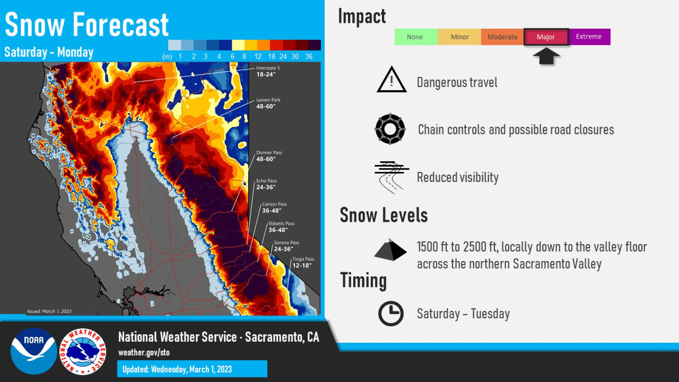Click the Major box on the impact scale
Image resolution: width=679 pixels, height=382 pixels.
click(x=546, y=37)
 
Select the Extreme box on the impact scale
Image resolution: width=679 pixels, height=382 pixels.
click(x=590, y=37)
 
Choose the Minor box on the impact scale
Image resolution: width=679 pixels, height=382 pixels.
click(x=459, y=37)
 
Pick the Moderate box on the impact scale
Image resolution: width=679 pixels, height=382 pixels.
click(x=502, y=37)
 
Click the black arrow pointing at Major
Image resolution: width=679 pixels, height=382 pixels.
click(x=546, y=56)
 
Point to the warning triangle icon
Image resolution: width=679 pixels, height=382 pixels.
click(x=391, y=80)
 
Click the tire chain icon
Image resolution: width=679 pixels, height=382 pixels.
click(x=390, y=129)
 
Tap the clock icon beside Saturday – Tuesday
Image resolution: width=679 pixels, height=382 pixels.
click(x=391, y=313)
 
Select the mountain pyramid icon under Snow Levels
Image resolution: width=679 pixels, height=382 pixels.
click(x=390, y=250)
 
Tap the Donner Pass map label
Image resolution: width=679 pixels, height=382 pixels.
click(x=269, y=156)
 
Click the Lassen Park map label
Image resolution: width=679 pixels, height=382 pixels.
click(x=268, y=103)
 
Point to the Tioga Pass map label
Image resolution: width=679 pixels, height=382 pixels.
click(x=303, y=262)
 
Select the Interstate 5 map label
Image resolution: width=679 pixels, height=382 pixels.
click(x=268, y=71)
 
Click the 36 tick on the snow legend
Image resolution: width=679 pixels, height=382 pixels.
click(x=309, y=57)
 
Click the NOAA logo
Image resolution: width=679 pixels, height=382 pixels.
click(x=34, y=351)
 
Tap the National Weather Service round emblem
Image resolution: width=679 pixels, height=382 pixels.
click(x=83, y=352)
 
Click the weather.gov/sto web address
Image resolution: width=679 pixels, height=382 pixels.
click(x=144, y=353)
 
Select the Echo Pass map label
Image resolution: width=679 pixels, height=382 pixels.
click(x=266, y=184)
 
